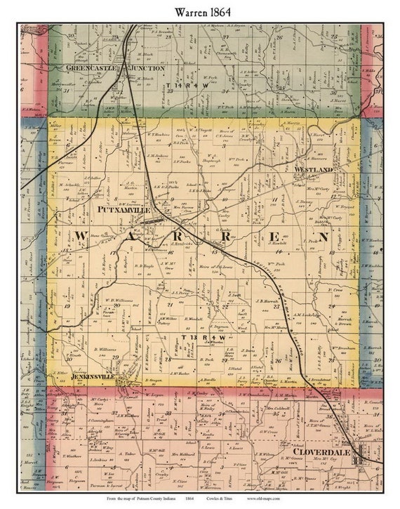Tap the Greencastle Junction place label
pyautogui.click(x=115, y=68)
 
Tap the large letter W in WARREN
pyautogui.click(x=81, y=236)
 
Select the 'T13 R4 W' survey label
pyautogui.click(x=204, y=338)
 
